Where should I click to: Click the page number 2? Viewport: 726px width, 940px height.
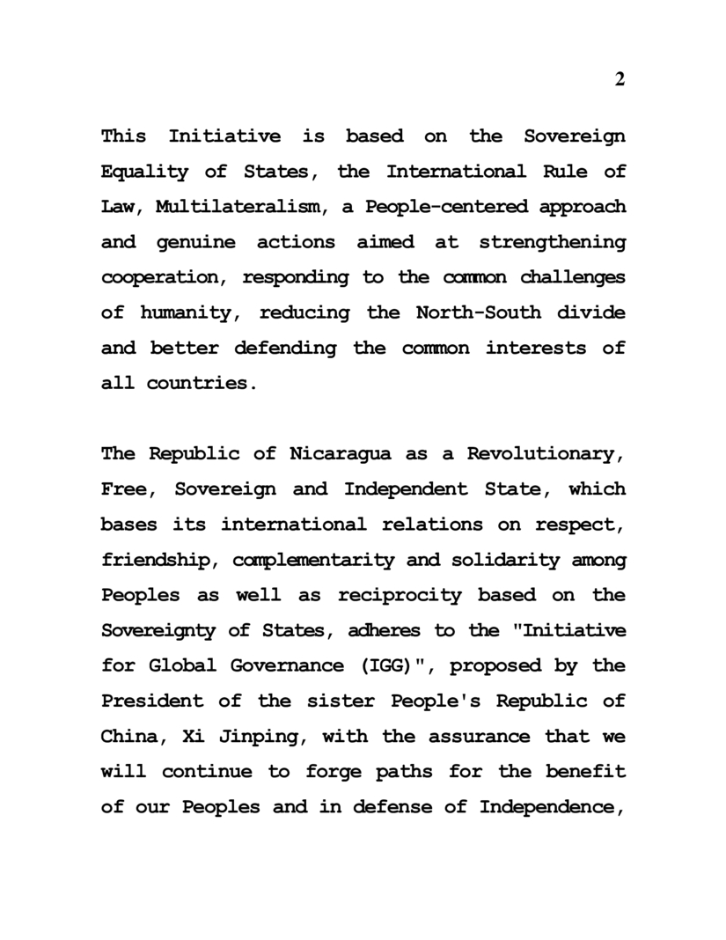click(620, 79)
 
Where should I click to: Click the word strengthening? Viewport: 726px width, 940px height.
click(552, 243)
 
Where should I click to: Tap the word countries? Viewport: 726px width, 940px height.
click(202, 384)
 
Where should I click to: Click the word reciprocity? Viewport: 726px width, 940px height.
click(399, 596)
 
